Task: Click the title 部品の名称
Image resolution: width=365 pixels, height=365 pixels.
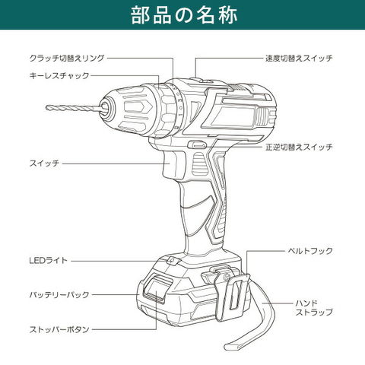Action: coord(184,15)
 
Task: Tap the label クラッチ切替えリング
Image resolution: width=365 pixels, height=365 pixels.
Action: coord(67,58)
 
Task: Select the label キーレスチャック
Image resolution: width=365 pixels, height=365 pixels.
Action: coord(59,75)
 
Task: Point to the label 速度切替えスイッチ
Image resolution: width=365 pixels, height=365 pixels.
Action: coord(299,58)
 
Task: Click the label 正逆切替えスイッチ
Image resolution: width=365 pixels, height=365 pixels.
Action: coord(299,147)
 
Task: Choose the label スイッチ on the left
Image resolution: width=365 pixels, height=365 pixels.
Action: coord(44,163)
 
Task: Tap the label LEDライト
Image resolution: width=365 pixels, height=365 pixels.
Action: coord(49,260)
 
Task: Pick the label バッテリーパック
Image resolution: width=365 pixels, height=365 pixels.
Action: coord(59,294)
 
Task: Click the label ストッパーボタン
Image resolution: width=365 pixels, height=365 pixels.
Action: coord(59,329)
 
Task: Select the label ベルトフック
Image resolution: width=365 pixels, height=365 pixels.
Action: coord(310,251)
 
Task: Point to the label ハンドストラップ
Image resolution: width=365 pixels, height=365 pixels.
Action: coord(314,307)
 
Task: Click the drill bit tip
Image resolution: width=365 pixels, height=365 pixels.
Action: coord(47,107)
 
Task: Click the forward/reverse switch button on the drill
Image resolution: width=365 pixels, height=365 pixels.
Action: coord(197,144)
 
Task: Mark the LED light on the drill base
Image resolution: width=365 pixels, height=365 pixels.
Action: coord(172,260)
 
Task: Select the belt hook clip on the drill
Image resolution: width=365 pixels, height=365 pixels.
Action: coord(232,297)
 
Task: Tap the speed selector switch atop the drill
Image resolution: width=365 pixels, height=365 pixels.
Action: coord(202,81)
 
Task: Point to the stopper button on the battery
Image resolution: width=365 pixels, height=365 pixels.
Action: coord(156,288)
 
